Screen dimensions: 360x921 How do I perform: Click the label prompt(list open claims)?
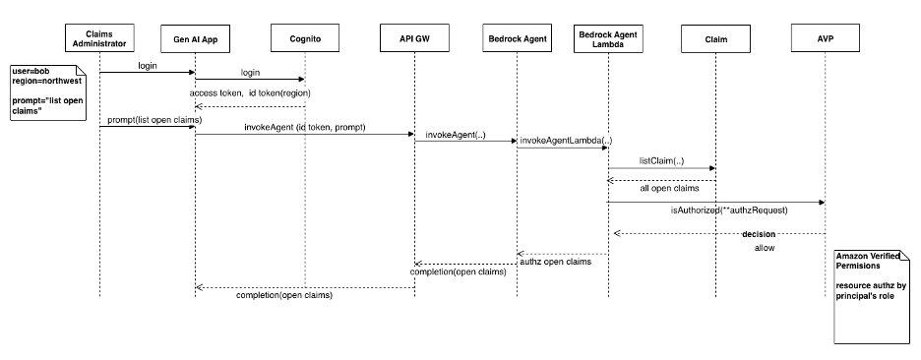[148, 120]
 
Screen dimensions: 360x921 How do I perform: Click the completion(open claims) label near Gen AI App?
[284, 295]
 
